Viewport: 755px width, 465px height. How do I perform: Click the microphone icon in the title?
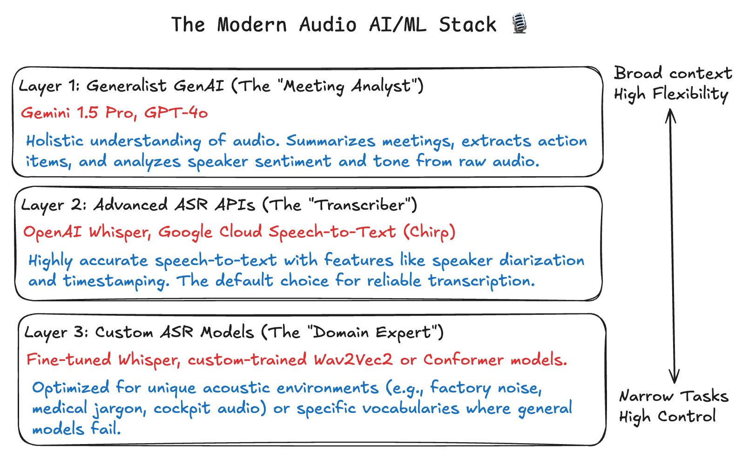pos(519,23)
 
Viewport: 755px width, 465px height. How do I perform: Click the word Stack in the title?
pos(467,25)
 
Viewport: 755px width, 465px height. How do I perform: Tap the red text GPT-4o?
pos(176,113)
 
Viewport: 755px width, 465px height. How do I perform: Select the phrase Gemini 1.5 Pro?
pos(77,113)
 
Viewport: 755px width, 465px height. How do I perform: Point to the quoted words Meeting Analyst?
pos(347,86)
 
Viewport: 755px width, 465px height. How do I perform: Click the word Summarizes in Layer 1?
pos(330,141)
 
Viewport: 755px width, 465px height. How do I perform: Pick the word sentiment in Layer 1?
pos(293,161)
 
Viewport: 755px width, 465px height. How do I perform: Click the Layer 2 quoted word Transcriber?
pos(359,205)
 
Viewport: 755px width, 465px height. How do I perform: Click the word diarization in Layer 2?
pos(542,260)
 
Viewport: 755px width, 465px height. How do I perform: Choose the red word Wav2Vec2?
pos(353,359)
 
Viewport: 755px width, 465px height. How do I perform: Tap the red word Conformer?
pos(464,359)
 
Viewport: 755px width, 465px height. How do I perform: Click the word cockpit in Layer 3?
pos(182,408)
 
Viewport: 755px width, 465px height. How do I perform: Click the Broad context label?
pos(673,73)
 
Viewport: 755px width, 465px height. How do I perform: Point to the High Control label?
pos(667,417)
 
